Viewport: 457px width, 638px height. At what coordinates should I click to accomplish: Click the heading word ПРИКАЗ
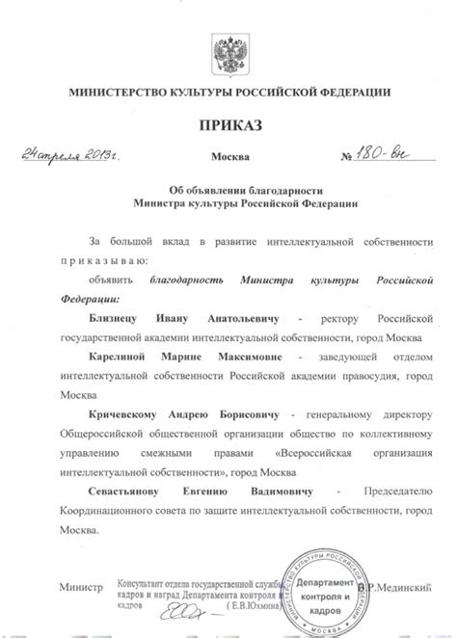click(x=228, y=125)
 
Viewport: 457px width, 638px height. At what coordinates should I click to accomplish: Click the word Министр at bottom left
click(x=80, y=586)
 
